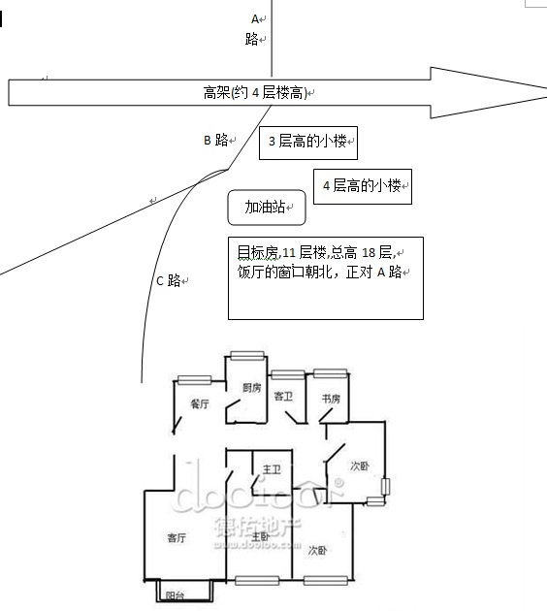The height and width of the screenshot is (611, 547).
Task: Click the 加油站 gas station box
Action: click(267, 208)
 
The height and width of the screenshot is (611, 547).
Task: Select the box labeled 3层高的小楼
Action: click(308, 143)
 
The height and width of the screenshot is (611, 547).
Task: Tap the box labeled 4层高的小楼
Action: click(363, 186)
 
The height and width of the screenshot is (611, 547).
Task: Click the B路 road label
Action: click(216, 140)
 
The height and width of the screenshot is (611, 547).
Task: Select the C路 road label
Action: click(169, 280)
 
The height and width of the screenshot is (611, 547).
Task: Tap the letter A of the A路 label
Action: click(255, 18)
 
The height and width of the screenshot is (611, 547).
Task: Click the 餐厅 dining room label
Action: click(200, 403)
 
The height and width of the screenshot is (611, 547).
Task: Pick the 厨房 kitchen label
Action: click(252, 388)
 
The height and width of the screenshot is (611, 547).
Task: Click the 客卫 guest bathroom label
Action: click(283, 397)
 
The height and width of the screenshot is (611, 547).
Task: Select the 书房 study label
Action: click(331, 399)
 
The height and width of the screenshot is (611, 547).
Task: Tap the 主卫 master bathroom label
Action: click(272, 469)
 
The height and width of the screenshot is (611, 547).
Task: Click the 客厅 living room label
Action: click(177, 538)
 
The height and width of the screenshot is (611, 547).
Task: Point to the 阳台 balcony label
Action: click(175, 595)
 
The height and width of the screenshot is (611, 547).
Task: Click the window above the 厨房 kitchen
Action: click(247, 355)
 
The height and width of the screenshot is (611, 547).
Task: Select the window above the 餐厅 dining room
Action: click(194, 380)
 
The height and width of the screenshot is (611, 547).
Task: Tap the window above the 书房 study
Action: click(331, 373)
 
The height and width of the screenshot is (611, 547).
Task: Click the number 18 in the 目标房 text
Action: click(369, 253)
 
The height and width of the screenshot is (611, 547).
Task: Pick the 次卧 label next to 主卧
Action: click(317, 551)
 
